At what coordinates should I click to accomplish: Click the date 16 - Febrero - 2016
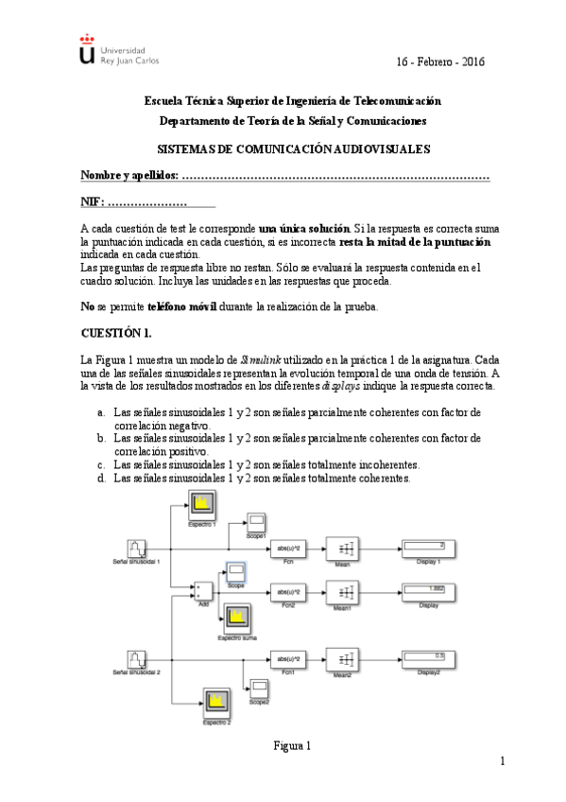coord(439,61)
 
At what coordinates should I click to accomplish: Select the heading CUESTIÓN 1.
coord(116,333)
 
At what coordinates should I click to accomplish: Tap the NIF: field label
coord(94,203)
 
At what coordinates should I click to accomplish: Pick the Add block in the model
coord(203,592)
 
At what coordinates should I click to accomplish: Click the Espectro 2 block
coord(216,704)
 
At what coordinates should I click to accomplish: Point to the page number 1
coord(503,761)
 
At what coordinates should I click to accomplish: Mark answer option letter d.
coord(101,479)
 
